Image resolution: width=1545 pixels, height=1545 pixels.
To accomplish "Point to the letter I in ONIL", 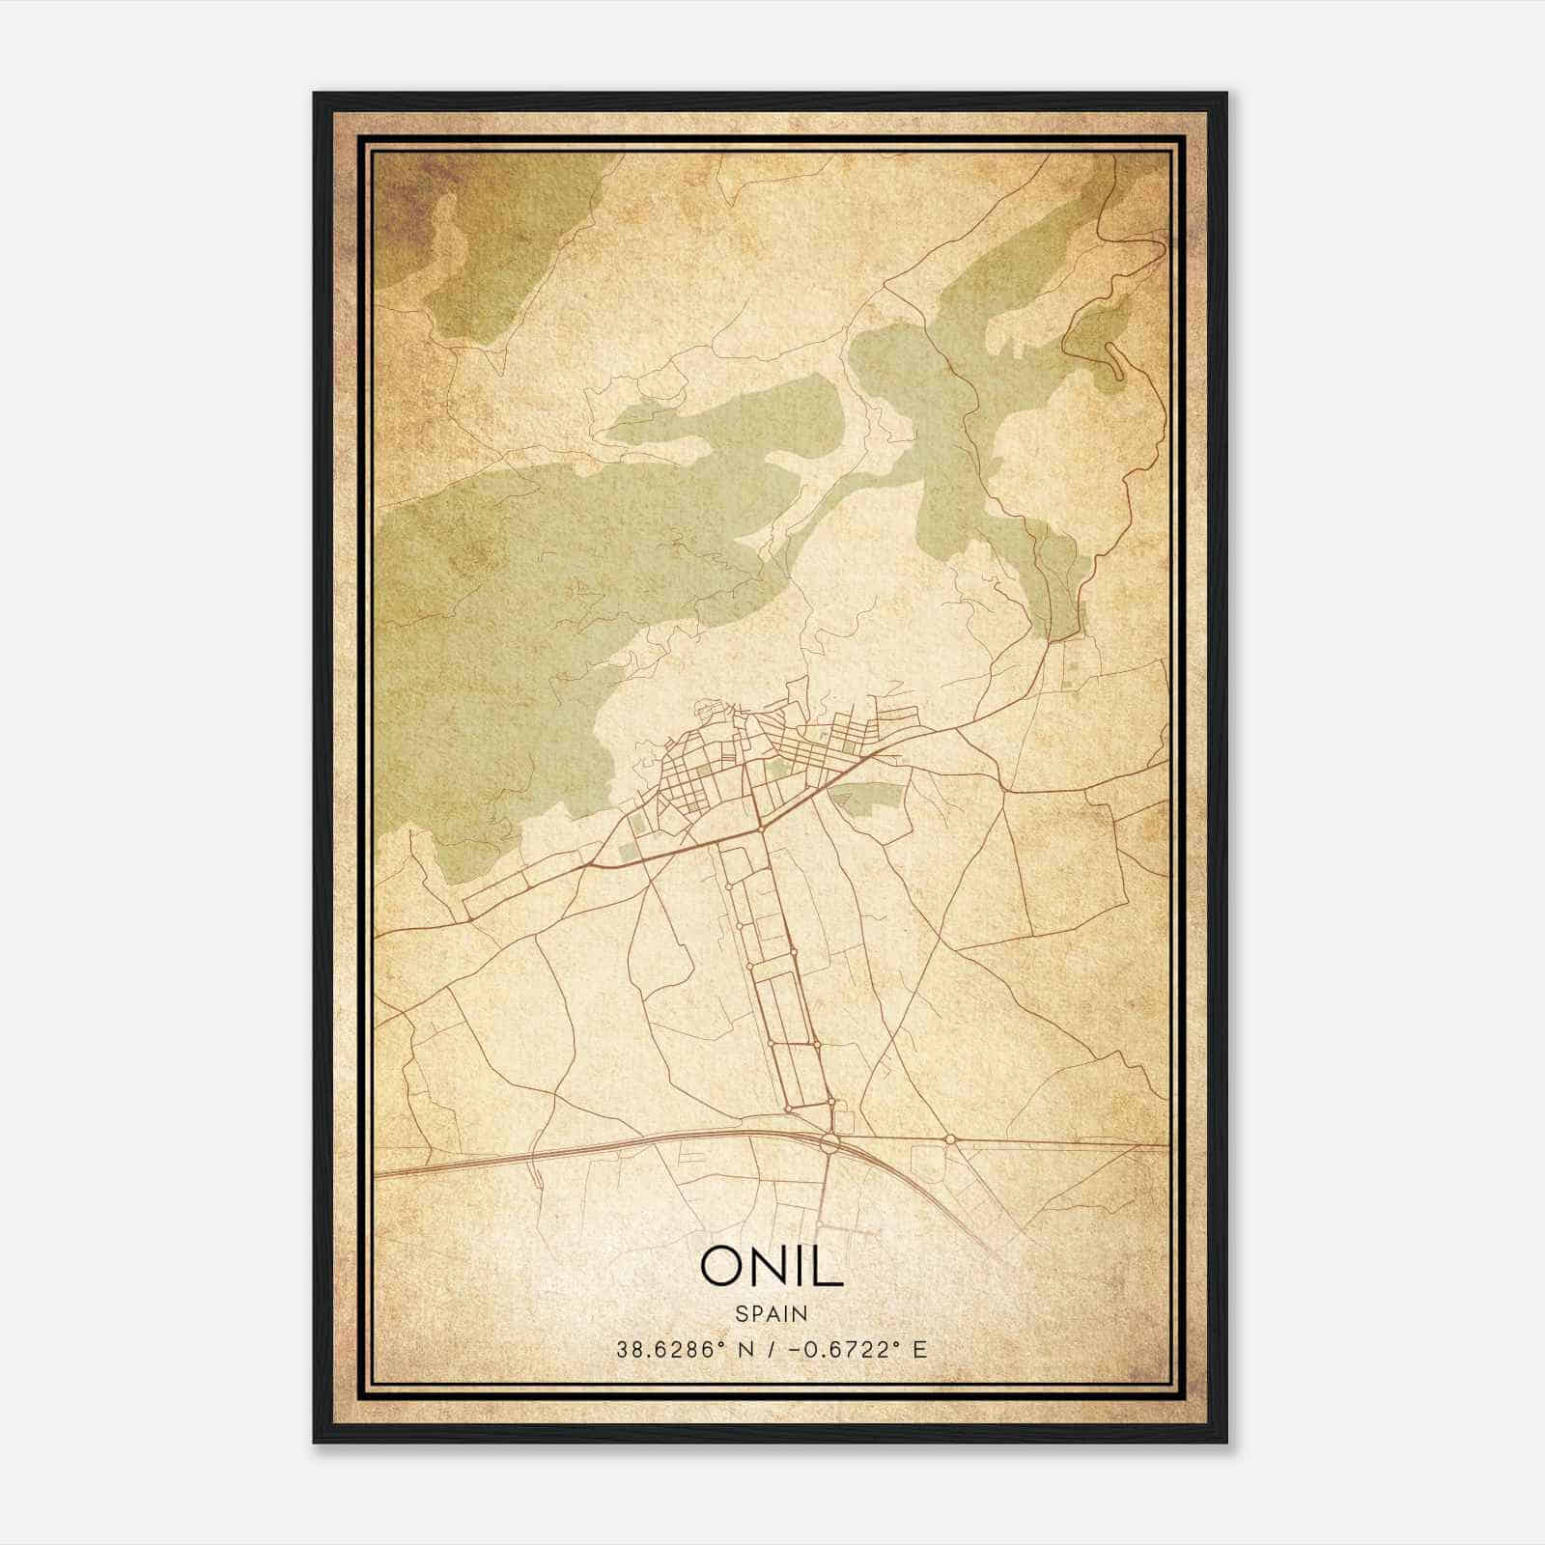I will click(x=801, y=1266).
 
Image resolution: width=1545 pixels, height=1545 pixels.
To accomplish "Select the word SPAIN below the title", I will click(x=772, y=1313).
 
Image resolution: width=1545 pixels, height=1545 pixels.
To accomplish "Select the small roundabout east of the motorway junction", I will click(x=950, y=1139).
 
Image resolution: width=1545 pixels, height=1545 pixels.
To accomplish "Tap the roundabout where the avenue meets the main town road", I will click(x=762, y=829).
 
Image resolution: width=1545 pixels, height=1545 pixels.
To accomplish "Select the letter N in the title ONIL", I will click(x=768, y=1266).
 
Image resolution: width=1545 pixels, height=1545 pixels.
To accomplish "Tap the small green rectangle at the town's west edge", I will click(x=630, y=851).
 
